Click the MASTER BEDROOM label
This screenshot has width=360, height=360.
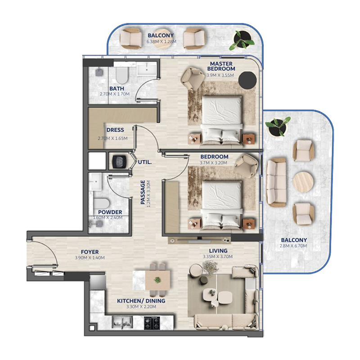(x=221, y=66)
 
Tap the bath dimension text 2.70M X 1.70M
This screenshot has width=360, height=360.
(x=114, y=94)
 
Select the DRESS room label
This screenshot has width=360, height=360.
(x=115, y=130)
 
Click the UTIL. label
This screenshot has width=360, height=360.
(x=144, y=161)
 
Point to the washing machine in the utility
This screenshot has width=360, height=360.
(x=119, y=161)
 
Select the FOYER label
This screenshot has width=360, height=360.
(x=90, y=252)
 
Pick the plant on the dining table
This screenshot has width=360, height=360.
(x=157, y=280)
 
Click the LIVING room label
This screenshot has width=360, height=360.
(x=218, y=251)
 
